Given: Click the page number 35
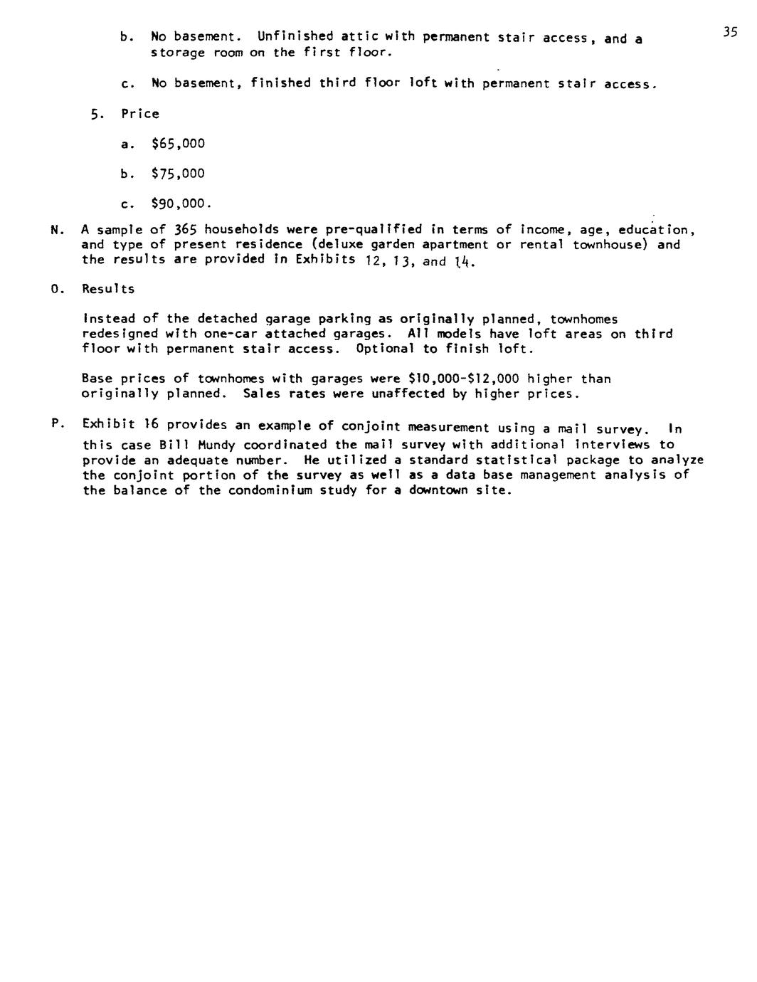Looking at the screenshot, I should (x=729, y=32).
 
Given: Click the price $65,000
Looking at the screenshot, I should (x=178, y=144).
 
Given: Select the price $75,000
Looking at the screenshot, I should (x=178, y=174).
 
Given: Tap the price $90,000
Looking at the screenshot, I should (x=181, y=204).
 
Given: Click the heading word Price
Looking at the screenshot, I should (x=140, y=114).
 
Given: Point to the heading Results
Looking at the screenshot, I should (x=108, y=289).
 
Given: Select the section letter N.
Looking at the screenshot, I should (x=55, y=230).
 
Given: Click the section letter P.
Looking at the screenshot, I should (x=55, y=424).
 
